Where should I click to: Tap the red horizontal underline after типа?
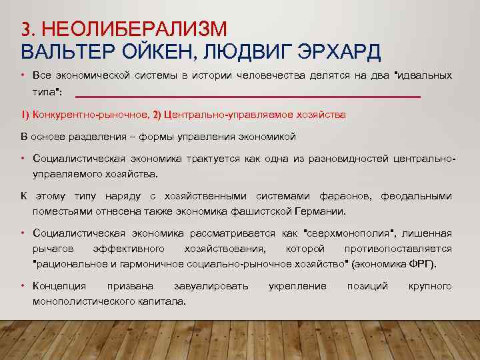[x=247, y=97]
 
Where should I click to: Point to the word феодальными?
[x=416, y=196]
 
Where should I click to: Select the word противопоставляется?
[x=398, y=249]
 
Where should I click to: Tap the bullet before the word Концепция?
[x=23, y=286]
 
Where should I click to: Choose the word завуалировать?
[x=211, y=286]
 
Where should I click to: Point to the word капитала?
[x=162, y=301]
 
